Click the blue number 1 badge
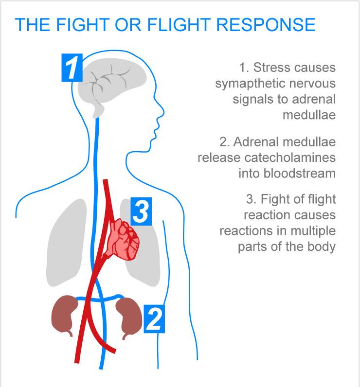click(x=72, y=68)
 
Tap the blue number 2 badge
click(x=154, y=318)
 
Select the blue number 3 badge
click(x=141, y=211)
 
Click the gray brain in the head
click(x=111, y=84)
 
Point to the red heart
click(x=122, y=239)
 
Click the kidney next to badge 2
click(x=129, y=317)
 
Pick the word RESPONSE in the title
click(x=266, y=25)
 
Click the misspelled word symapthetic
click(x=251, y=84)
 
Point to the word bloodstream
click(x=300, y=173)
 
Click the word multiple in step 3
click(x=313, y=231)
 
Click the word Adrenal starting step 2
click(x=256, y=142)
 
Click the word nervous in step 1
click(x=312, y=84)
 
